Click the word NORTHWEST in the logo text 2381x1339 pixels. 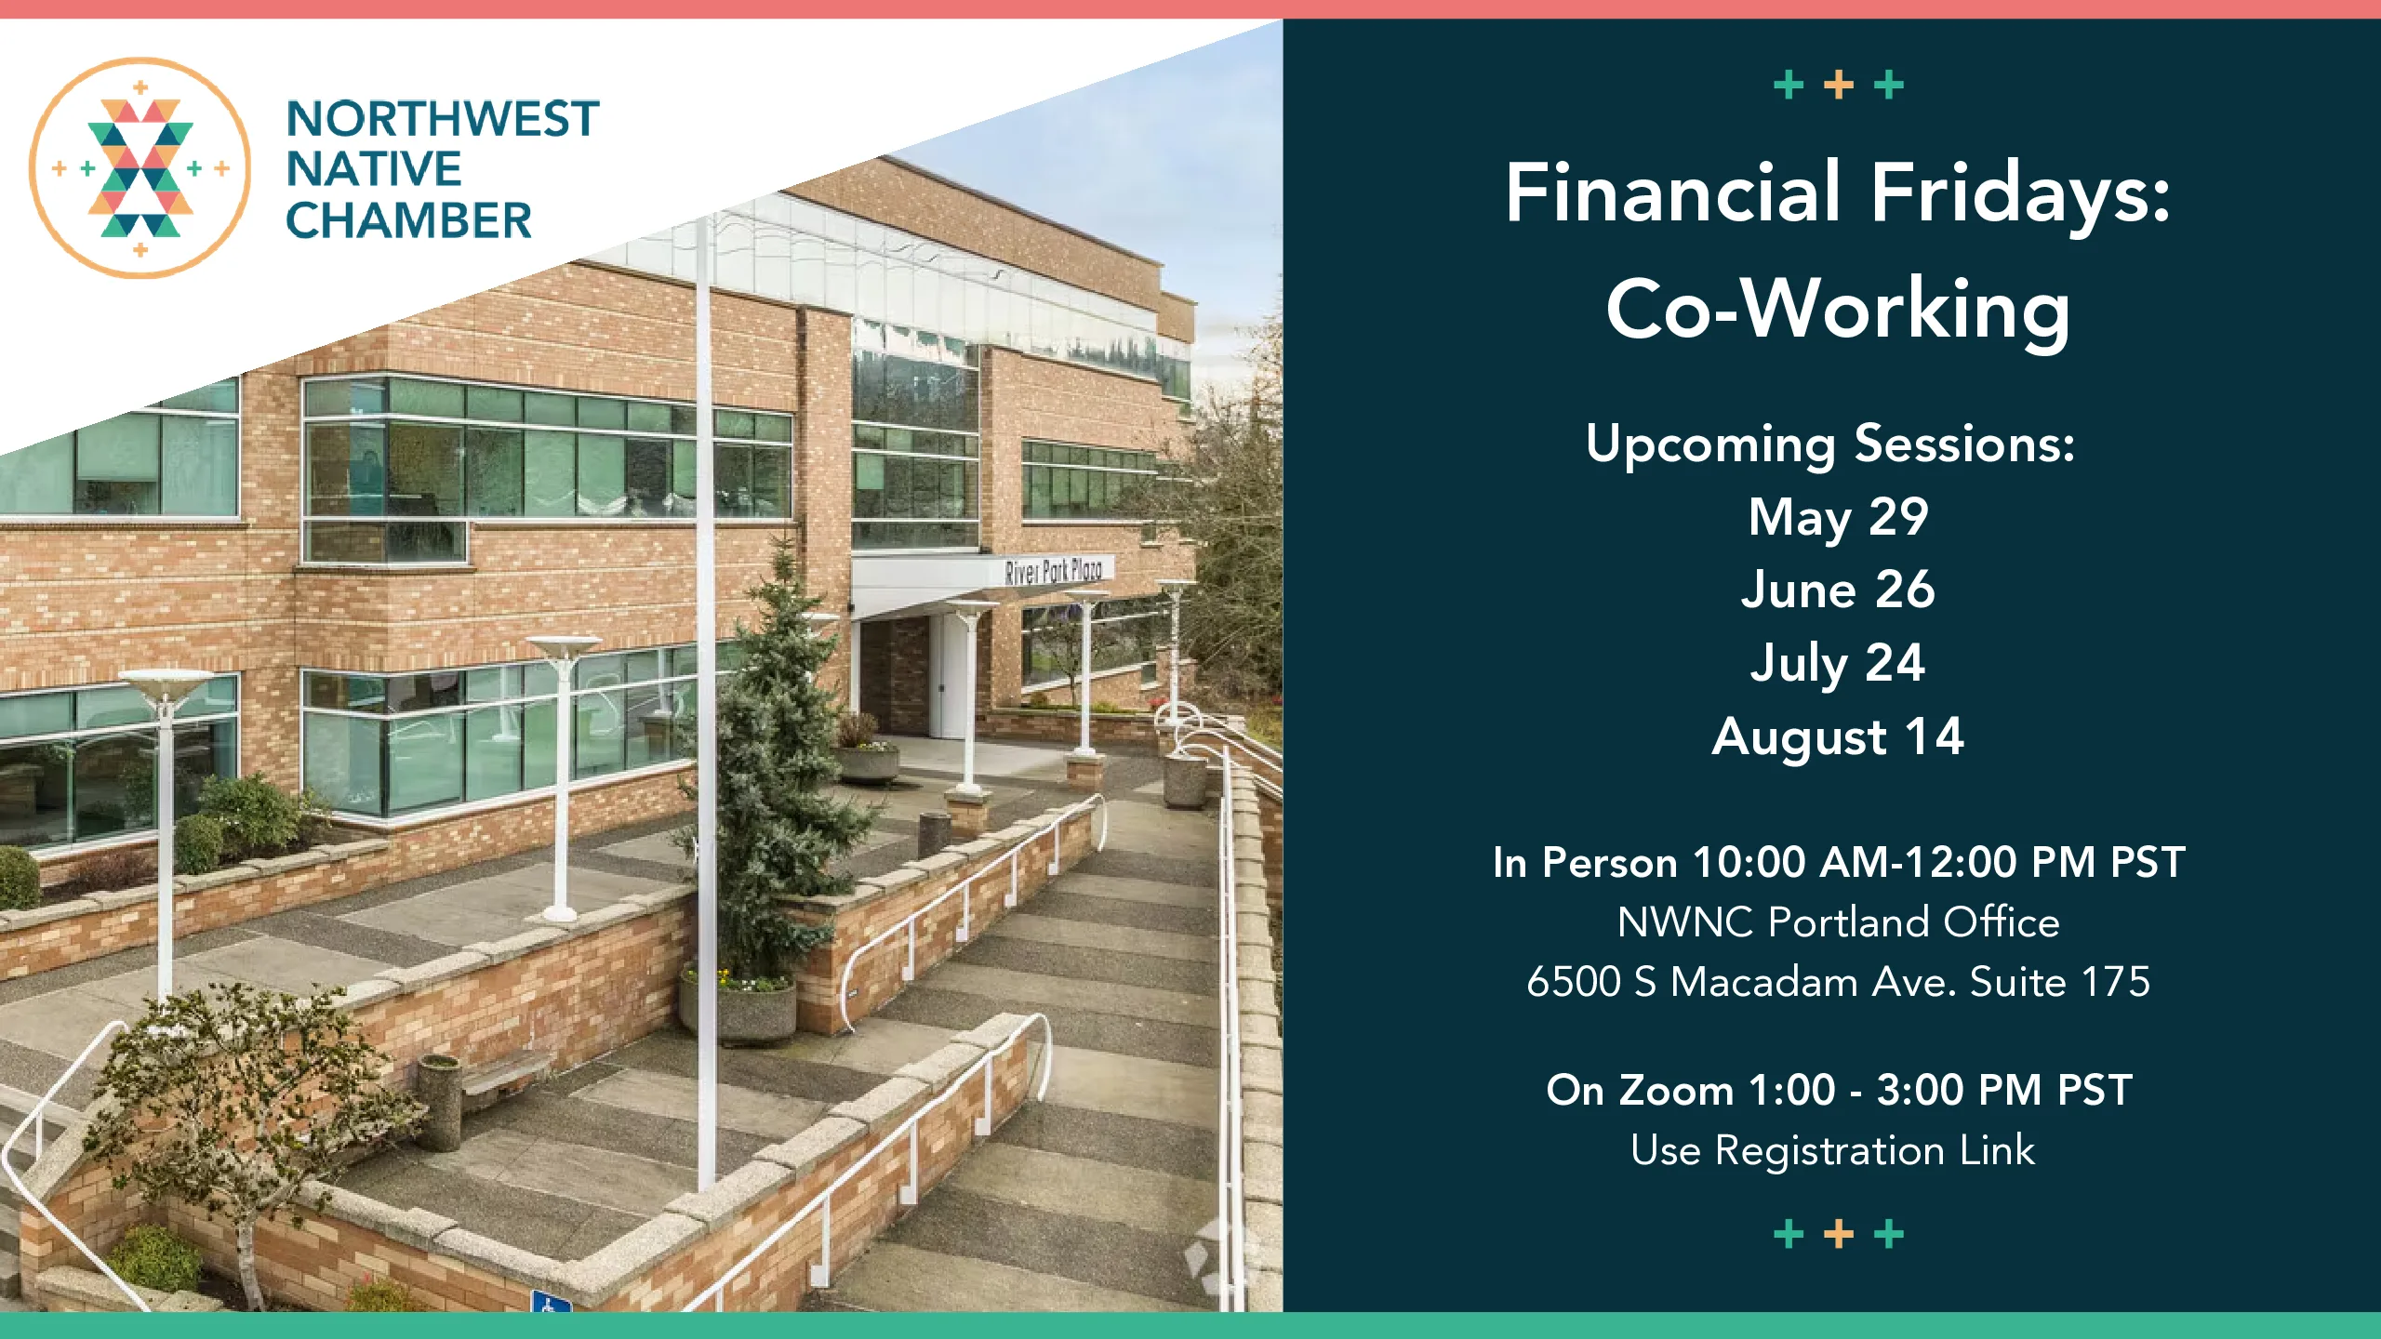[443, 119]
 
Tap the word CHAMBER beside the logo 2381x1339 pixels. [408, 221]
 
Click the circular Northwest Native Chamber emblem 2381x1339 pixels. [140, 168]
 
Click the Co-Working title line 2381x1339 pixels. [1838, 310]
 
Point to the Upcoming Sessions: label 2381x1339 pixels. [1830, 444]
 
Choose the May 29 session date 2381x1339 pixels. [1838, 517]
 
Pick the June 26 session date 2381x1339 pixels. [1838, 590]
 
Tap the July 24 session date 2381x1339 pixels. [1838, 664]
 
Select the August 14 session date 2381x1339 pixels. [1838, 737]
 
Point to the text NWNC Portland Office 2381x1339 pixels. [1838, 922]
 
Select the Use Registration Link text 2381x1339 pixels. [1832, 1151]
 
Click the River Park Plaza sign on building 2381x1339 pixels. [1053, 571]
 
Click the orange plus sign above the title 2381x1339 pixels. [1839, 86]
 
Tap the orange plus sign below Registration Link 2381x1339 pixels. [1839, 1235]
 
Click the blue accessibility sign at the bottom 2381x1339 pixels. [551, 1301]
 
